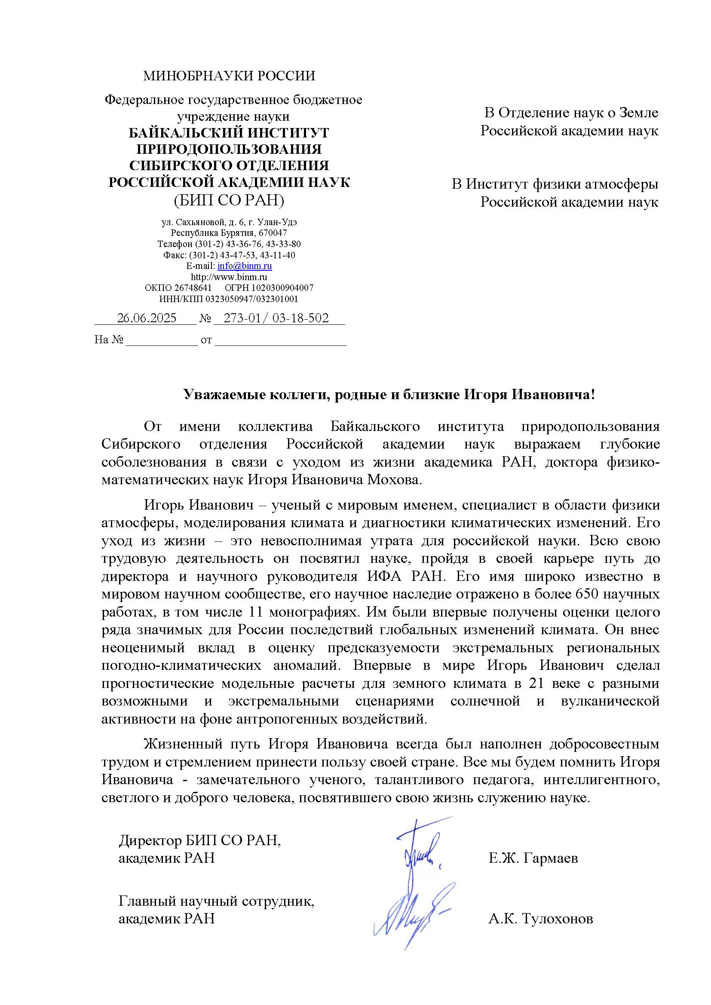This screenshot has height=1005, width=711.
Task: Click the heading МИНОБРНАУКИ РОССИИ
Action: pyautogui.click(x=229, y=76)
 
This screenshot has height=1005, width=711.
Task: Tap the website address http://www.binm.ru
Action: pyautogui.click(x=229, y=277)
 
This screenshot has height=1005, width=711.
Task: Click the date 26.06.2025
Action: pyautogui.click(x=147, y=318)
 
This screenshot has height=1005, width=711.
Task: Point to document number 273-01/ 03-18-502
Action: pyautogui.click(x=276, y=318)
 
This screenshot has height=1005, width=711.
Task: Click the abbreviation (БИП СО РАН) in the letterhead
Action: pyautogui.click(x=229, y=201)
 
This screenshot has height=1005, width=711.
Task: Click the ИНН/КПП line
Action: pyautogui.click(x=229, y=299)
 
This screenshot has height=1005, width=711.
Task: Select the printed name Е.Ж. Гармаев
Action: pyautogui.click(x=533, y=858)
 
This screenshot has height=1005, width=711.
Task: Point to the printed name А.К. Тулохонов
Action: pyautogui.click(x=541, y=919)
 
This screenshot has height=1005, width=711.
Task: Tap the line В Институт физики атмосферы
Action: pyautogui.click(x=555, y=184)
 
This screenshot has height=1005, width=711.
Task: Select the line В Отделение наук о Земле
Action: pyautogui.click(x=571, y=113)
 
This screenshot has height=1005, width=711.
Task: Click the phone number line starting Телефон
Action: pyautogui.click(x=229, y=244)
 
